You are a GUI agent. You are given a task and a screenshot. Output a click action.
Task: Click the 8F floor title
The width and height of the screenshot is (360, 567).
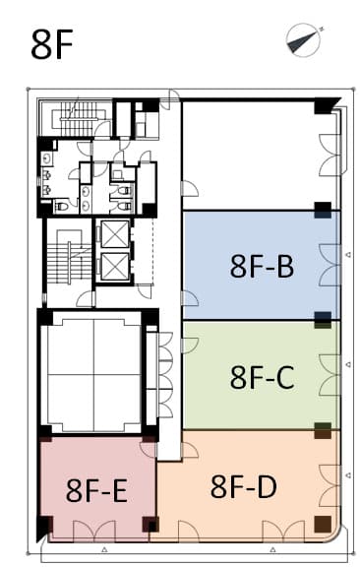click(52, 45)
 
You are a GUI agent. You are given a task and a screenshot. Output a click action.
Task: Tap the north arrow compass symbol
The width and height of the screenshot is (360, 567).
click(304, 39)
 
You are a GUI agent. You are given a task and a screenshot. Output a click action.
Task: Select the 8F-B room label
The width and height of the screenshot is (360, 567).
click(262, 266)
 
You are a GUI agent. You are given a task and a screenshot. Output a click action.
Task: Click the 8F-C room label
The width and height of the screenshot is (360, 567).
click(262, 377)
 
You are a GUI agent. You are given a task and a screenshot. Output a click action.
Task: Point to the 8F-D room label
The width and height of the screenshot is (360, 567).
click(244, 486)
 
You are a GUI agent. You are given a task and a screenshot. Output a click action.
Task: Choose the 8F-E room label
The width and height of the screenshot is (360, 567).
click(96, 490)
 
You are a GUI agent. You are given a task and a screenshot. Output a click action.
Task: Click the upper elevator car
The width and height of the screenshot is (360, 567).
click(115, 234)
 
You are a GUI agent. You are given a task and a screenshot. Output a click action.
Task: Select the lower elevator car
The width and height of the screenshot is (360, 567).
click(115, 267)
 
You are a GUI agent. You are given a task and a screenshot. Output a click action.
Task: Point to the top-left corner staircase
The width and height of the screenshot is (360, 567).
click(75, 118)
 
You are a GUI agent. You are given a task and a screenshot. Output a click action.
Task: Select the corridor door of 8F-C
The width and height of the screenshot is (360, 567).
click(190, 346)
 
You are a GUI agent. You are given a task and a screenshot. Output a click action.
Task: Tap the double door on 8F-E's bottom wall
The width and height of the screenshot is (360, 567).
click(94, 532)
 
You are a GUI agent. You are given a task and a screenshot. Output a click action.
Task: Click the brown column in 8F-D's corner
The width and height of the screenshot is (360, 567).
click(323, 524)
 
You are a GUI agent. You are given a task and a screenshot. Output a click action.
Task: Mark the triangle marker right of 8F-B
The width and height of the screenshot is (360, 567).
click(348, 255)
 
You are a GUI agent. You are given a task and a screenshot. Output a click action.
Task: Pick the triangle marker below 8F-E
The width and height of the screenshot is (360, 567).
click(104, 549)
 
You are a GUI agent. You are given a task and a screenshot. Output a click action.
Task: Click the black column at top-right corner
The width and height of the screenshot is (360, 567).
click(326, 105)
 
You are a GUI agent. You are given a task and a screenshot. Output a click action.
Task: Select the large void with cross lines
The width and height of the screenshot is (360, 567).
click(94, 375)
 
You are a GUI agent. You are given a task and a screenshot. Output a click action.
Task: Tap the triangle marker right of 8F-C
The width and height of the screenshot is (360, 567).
click(348, 364)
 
